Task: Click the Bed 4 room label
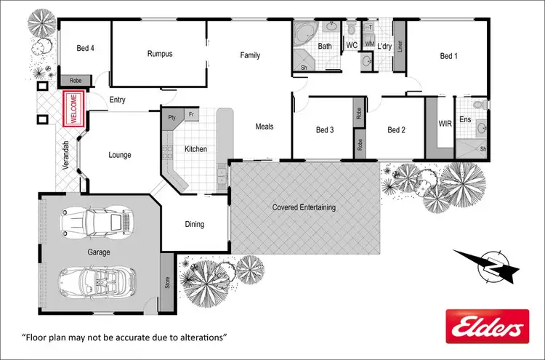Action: (86, 49)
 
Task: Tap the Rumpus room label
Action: (160, 54)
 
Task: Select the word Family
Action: (250, 55)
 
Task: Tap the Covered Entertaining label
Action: (304, 207)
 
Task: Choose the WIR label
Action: (445, 124)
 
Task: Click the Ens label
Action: (466, 119)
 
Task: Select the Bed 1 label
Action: (448, 55)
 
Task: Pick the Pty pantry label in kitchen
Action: (172, 116)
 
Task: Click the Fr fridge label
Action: (191, 115)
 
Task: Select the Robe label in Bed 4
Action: (75, 81)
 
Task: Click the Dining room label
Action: (194, 224)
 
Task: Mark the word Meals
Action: (265, 127)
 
